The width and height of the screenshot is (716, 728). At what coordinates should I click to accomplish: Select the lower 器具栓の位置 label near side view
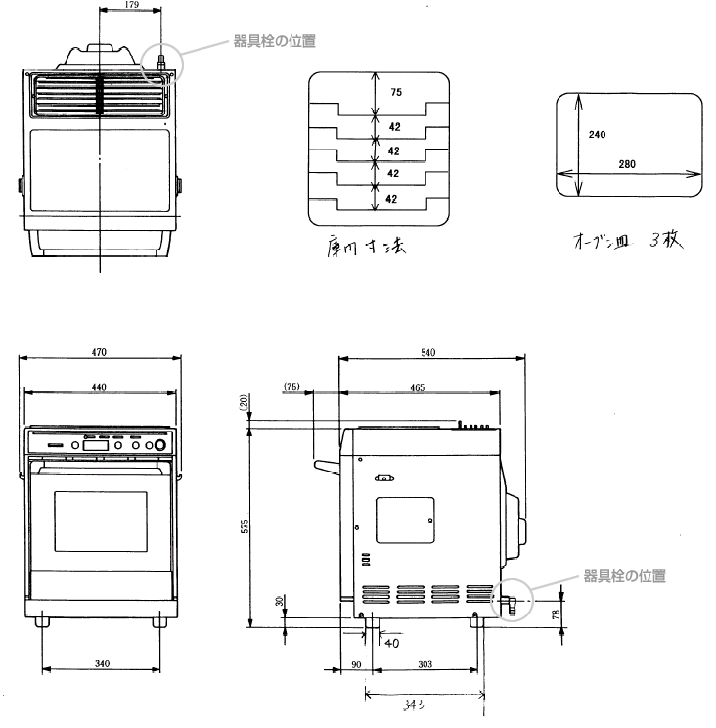pyautogui.click(x=624, y=576)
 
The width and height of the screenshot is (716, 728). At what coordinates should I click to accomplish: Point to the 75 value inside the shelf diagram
pyautogui.click(x=396, y=93)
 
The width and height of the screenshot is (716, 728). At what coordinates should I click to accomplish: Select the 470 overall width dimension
pyautogui.click(x=99, y=352)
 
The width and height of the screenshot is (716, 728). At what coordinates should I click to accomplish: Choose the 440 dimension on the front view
pyautogui.click(x=99, y=387)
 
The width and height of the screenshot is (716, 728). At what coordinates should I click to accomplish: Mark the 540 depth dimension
pyautogui.click(x=428, y=352)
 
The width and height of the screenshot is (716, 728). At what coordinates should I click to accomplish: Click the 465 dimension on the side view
pyautogui.click(x=417, y=387)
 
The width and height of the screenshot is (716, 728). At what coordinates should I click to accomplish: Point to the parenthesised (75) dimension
pyautogui.click(x=291, y=387)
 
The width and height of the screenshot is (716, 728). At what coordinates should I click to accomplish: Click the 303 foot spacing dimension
pyautogui.click(x=425, y=664)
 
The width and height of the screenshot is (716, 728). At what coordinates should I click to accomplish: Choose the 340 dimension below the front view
pyautogui.click(x=101, y=664)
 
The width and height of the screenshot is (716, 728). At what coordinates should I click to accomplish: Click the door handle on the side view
pyautogui.click(x=323, y=465)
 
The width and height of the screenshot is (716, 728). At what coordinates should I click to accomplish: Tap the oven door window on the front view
pyautogui.click(x=101, y=523)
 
